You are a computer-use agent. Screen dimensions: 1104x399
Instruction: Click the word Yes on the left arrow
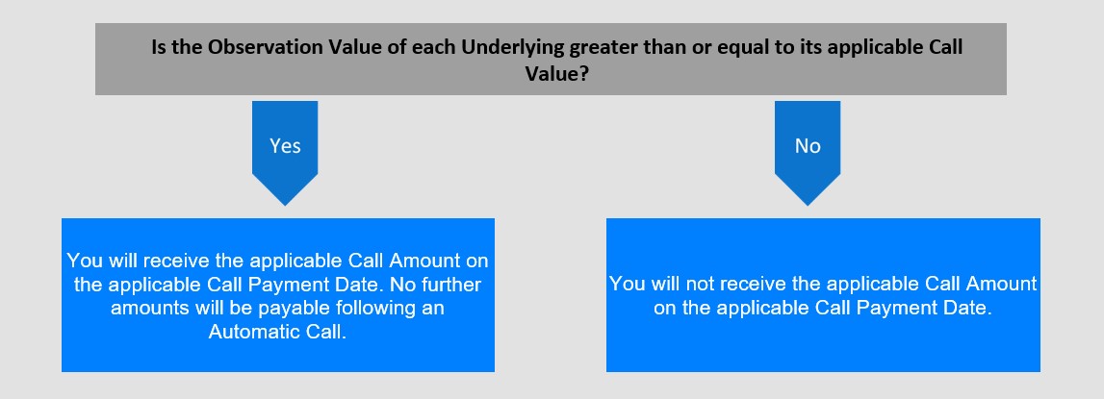(285, 146)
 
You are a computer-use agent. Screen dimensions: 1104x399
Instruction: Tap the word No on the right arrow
(808, 146)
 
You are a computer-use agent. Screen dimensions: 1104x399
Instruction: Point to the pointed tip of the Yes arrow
(285, 206)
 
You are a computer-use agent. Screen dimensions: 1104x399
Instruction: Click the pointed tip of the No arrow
(808, 206)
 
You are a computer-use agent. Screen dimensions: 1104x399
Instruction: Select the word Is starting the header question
(160, 48)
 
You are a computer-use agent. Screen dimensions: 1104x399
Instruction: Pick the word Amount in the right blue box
(1000, 285)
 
